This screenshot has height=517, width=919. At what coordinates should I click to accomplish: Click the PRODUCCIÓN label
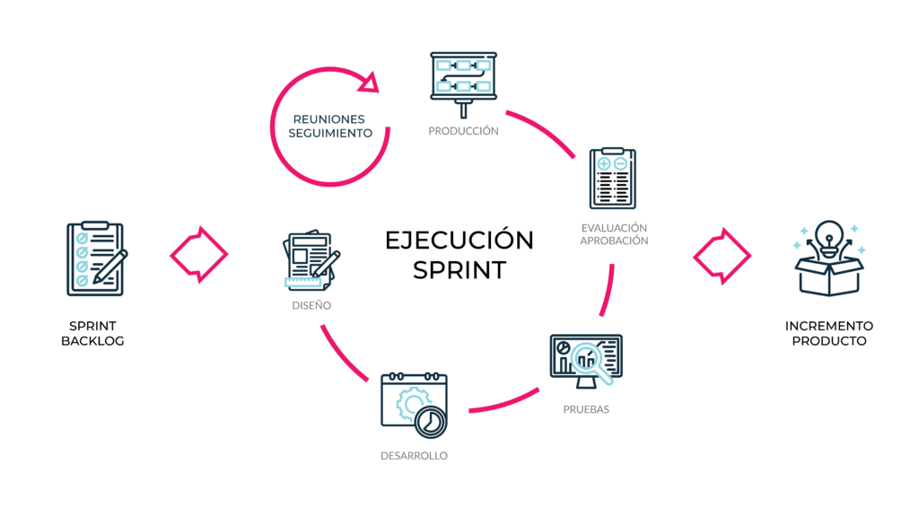click(x=463, y=131)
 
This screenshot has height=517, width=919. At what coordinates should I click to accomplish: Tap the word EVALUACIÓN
click(x=614, y=228)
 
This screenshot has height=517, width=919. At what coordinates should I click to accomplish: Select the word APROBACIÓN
click(x=614, y=241)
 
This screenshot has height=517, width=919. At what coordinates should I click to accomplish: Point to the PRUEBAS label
click(x=586, y=409)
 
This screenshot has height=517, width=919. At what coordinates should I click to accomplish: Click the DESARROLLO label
click(x=414, y=456)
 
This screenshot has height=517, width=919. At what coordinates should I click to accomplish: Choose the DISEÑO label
click(x=311, y=305)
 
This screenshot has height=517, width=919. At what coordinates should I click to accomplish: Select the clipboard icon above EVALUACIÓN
click(x=613, y=179)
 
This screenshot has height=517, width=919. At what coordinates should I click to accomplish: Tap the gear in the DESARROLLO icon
click(x=408, y=402)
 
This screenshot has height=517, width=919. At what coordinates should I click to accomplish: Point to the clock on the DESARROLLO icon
click(x=431, y=420)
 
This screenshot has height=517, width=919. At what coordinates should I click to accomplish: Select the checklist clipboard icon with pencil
click(x=95, y=258)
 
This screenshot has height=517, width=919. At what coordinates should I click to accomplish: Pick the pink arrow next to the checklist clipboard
click(x=199, y=254)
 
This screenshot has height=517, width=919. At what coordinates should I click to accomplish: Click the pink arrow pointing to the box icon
click(x=722, y=256)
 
